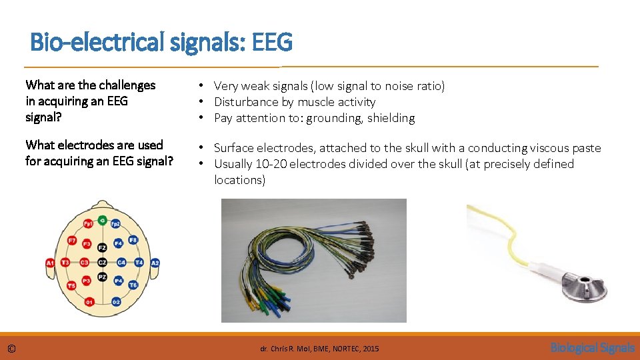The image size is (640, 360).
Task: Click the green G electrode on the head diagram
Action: [x=102, y=219]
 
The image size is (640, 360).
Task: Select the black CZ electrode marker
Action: [x=102, y=263]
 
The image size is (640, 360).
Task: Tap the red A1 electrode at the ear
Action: [x=50, y=263]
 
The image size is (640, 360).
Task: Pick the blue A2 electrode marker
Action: [x=155, y=263]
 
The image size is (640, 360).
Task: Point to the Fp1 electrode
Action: [x=88, y=223]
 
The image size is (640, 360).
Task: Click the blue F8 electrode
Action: [x=133, y=240]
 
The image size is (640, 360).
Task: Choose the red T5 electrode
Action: [x=71, y=285]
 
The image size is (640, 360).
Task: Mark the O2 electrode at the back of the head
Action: [x=115, y=302]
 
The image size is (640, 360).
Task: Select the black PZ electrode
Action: [x=102, y=276]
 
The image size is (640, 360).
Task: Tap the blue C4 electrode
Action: [x=121, y=263]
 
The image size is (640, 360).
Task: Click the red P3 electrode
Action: [x=86, y=281]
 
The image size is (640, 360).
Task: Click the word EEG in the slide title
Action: [x=272, y=43]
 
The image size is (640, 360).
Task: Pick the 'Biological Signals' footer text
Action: [x=592, y=347]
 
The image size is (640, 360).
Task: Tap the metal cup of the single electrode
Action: [x=584, y=284]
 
